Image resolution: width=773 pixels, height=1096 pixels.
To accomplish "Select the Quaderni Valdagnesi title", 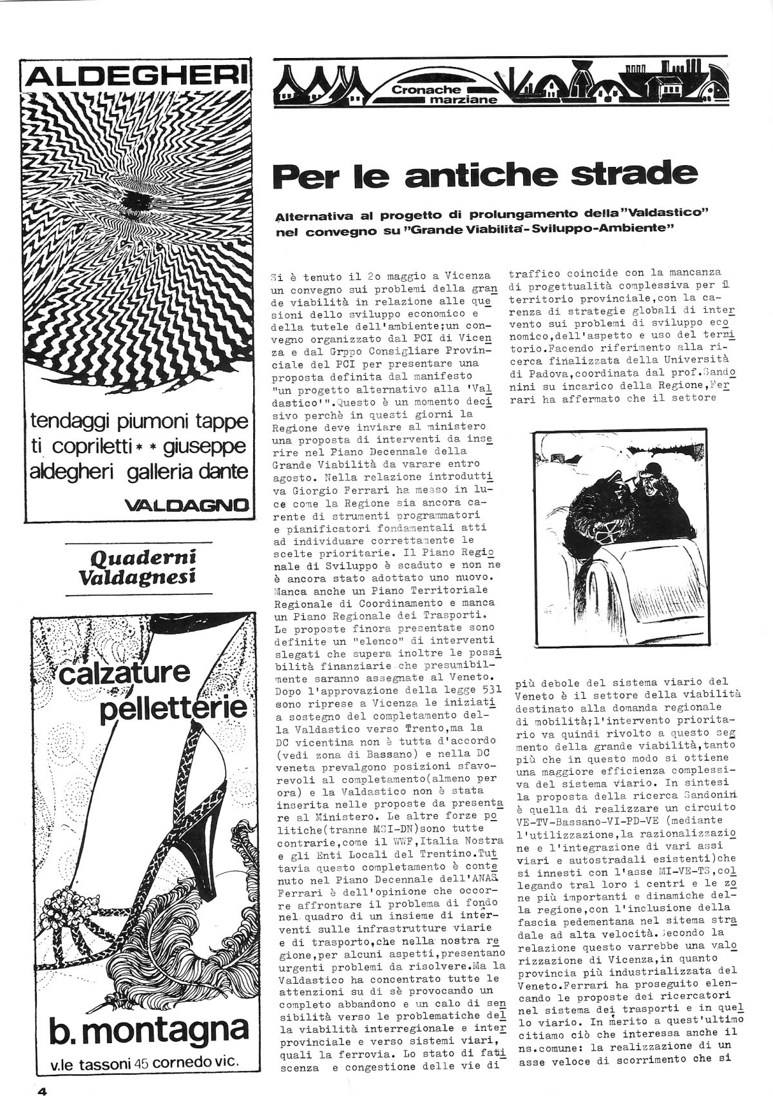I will coord(140,566).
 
